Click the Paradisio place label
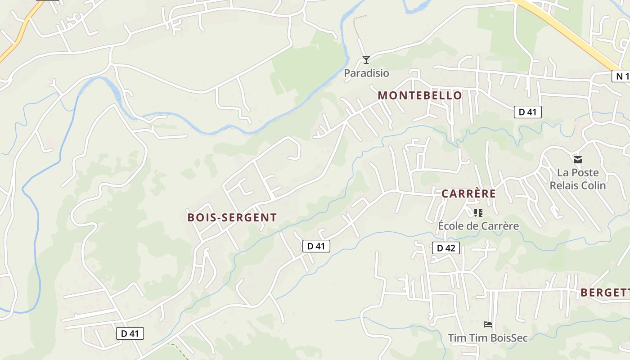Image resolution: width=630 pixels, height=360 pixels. pos(366,73)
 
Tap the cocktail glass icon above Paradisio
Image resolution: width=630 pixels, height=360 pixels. pos(366,59)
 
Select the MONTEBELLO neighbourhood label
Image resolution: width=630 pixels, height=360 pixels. pos(420,95)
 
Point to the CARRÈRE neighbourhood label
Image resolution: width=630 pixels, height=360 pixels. pos(468,194)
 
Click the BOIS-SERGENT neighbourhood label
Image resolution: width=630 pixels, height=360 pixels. pos(232,217)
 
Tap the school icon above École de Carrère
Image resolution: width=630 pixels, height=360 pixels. pos(478,212)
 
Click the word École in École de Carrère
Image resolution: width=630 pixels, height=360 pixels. pos(450,226)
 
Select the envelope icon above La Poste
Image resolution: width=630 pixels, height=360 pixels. pos(578,159)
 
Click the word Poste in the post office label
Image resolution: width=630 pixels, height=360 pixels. pos(585,173)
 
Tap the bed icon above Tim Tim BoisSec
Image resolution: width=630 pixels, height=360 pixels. pos(487,324)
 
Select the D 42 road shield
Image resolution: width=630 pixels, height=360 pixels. pos(445,248)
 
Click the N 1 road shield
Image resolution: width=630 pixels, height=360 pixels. pos(621,76)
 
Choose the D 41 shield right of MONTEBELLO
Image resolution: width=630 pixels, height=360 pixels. pos(527,112)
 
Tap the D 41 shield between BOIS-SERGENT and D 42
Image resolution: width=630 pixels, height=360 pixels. pos(316,246)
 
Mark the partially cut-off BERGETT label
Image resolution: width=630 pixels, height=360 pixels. pos(605,292)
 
